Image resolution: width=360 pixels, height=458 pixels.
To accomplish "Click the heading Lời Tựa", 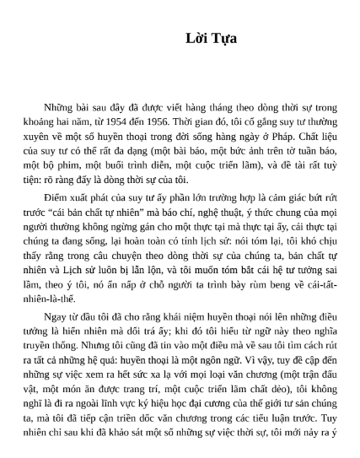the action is coord(211,38).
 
